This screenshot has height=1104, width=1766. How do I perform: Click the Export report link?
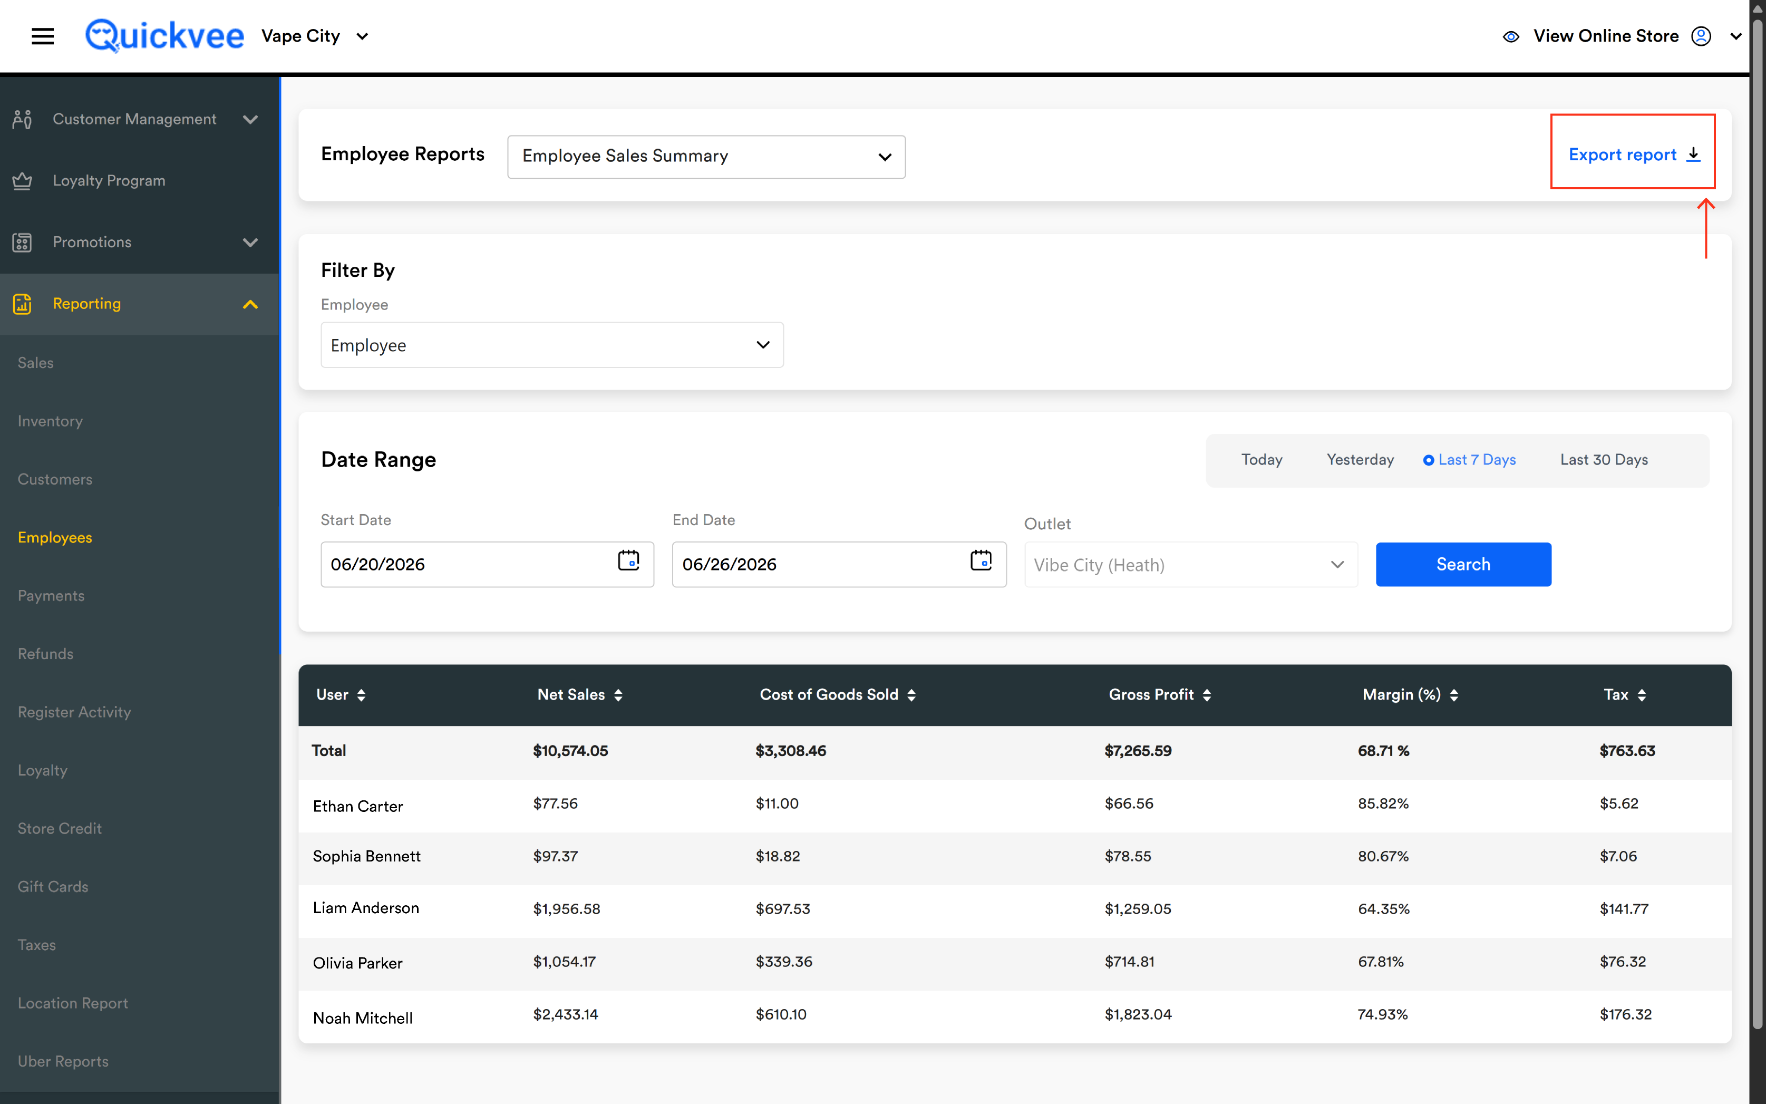pyautogui.click(x=1634, y=155)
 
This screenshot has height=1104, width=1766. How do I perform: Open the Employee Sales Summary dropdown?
pyautogui.click(x=706, y=156)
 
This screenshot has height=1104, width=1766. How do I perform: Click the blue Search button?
pyautogui.click(x=1463, y=565)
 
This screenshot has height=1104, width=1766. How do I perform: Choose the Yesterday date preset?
pyautogui.click(x=1360, y=460)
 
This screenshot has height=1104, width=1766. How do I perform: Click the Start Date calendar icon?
pyautogui.click(x=628, y=561)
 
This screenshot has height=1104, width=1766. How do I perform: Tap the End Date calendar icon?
pyautogui.click(x=981, y=561)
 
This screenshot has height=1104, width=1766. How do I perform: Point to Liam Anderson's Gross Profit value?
pyautogui.click(x=1138, y=909)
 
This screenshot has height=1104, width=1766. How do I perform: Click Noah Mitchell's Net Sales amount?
pyautogui.click(x=565, y=1014)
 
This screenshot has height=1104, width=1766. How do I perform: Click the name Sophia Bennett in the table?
pyautogui.click(x=366, y=856)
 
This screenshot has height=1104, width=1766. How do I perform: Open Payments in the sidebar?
pyautogui.click(x=51, y=596)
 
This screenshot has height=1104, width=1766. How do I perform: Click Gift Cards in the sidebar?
pyautogui.click(x=53, y=886)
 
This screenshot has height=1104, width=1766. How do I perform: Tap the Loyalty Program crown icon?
pyautogui.click(x=22, y=180)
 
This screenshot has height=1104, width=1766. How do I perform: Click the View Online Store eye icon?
pyautogui.click(x=1510, y=36)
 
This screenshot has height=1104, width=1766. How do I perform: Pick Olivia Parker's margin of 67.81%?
pyautogui.click(x=1381, y=962)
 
